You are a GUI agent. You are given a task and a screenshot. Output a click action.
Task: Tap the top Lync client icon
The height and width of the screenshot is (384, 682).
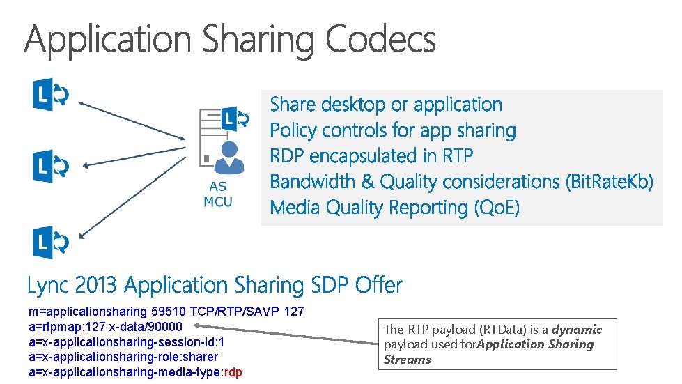click(x=51, y=96)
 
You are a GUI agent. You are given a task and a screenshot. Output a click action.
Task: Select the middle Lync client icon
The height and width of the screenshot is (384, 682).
click(x=51, y=167)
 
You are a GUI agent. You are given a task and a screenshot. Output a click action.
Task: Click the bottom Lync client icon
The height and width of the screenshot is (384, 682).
click(x=51, y=243)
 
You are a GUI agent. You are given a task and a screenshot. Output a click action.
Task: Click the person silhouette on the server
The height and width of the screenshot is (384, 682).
click(x=228, y=157)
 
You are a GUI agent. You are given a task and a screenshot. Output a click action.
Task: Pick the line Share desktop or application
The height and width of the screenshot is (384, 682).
click(x=386, y=105)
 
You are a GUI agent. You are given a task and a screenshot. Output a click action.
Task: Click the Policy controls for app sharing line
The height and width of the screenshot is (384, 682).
click(x=393, y=130)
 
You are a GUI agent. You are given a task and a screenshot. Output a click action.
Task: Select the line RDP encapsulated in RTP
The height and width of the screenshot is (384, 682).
click(x=371, y=156)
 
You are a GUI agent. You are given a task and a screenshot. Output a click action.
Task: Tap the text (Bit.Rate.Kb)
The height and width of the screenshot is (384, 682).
click(x=611, y=182)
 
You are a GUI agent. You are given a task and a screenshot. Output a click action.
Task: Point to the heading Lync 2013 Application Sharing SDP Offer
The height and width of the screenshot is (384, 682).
click(x=215, y=286)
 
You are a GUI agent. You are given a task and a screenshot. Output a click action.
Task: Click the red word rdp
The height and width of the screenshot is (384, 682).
click(x=233, y=372)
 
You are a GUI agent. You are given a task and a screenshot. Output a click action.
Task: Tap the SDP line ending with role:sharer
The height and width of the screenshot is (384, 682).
click(x=113, y=357)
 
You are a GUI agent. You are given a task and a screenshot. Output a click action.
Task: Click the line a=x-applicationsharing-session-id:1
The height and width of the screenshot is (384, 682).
click(x=126, y=341)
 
